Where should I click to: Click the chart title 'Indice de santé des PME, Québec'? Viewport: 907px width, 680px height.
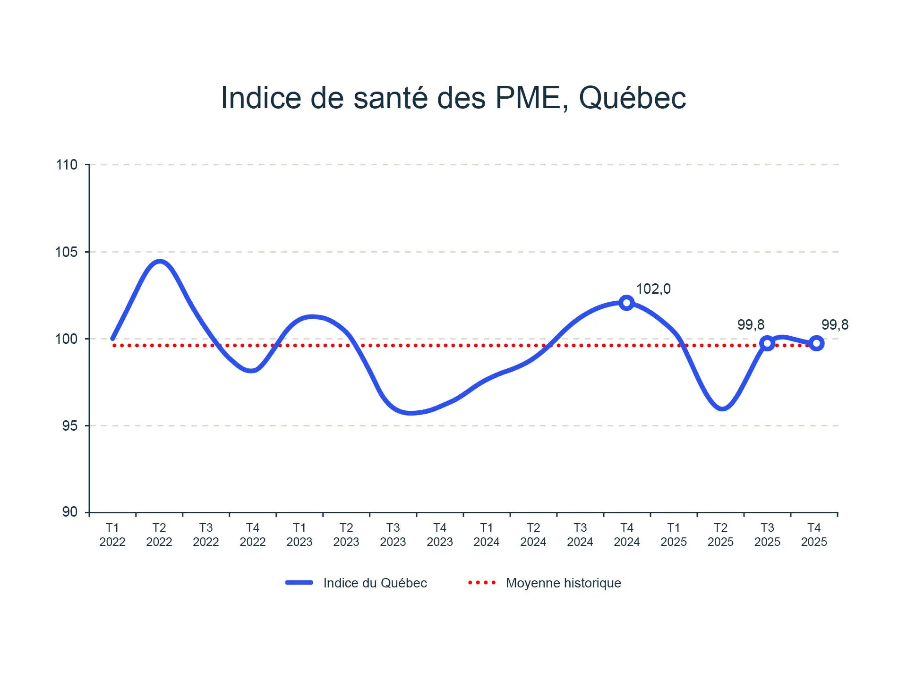pyautogui.click(x=453, y=98)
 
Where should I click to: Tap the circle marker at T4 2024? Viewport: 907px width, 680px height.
pyautogui.click(x=626, y=303)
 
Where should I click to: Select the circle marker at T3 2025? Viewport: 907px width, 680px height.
pyautogui.click(x=767, y=343)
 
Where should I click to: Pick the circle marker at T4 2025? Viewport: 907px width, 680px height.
pyautogui.click(x=816, y=343)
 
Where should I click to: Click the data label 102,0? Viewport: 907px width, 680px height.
pyautogui.click(x=653, y=289)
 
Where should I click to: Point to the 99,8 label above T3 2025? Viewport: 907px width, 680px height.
pyautogui.click(x=751, y=324)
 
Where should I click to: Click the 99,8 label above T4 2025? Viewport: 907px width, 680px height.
pyautogui.click(x=835, y=324)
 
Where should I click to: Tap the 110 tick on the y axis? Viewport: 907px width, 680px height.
pyautogui.click(x=67, y=165)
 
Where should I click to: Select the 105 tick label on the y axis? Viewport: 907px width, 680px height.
pyautogui.click(x=67, y=252)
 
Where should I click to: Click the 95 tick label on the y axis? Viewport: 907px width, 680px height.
pyautogui.click(x=69, y=425)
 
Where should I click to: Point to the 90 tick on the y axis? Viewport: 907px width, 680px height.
pyautogui.click(x=69, y=512)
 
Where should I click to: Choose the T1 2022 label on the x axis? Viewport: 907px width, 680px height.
pyautogui.click(x=112, y=535)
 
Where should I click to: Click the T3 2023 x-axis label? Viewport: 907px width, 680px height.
pyautogui.click(x=393, y=535)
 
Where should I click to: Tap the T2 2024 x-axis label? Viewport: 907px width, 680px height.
pyautogui.click(x=533, y=535)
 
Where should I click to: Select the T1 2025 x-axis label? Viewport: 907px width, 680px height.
pyautogui.click(x=674, y=535)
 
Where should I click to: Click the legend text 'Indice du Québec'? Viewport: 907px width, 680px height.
pyautogui.click(x=375, y=583)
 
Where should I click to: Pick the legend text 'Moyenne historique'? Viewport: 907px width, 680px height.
pyautogui.click(x=563, y=583)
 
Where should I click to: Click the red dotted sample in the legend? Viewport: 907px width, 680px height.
pyautogui.click(x=482, y=583)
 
